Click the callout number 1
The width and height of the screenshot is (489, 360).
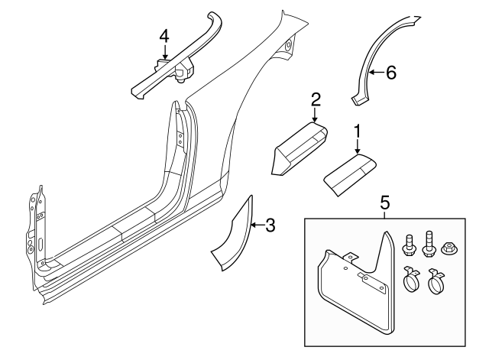tap(357, 131)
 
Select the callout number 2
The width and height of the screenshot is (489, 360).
tap(316, 99)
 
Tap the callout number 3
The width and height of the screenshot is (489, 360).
tap(270, 225)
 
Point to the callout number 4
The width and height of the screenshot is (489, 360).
tap(164, 36)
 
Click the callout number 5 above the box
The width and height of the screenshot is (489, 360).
tap(385, 203)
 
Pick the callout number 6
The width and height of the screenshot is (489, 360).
tap(390, 73)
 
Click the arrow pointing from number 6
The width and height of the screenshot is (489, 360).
tap(377, 73)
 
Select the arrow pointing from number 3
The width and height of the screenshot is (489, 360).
tap(257, 225)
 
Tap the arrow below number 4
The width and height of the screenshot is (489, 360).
tap(164, 51)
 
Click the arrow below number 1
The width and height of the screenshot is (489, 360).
tap(358, 147)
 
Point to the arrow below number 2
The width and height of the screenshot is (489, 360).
tap(315, 115)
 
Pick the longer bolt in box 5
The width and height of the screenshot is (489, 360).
tap(428, 244)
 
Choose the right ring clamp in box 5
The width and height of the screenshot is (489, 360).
tap(436, 281)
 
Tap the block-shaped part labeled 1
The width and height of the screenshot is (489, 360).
tap(350, 174)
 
